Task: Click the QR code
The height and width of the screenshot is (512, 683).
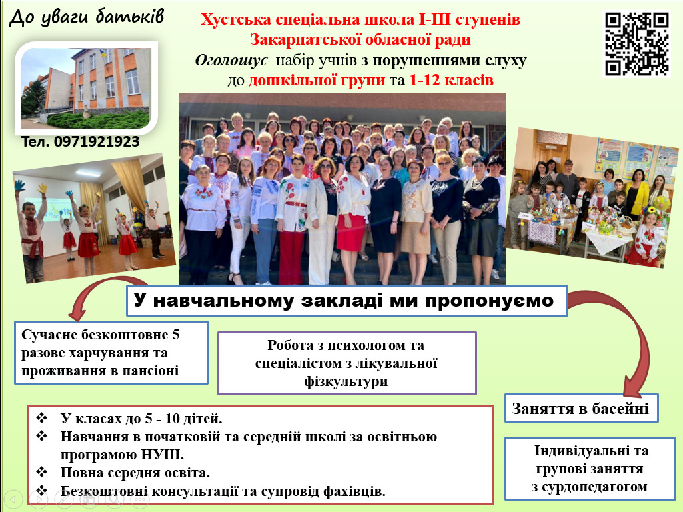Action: point(636,44)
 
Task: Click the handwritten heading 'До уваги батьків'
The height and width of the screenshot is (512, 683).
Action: point(87,17)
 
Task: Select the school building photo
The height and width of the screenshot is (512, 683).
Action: point(86,88)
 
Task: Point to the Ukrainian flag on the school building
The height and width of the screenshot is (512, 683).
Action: point(103,54)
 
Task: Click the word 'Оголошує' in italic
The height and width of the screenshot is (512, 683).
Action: point(231,60)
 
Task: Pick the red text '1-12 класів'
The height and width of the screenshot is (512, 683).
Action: point(451,80)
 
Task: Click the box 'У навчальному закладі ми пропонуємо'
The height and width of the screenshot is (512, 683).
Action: point(347,301)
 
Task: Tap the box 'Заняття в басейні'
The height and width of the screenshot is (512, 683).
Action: point(581,408)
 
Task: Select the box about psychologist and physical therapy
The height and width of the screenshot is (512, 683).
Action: point(346,363)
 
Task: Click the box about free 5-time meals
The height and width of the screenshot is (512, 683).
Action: point(111,353)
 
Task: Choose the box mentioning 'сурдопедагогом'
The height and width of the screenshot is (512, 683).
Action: point(590,469)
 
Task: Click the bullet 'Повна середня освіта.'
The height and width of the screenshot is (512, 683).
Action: point(135,473)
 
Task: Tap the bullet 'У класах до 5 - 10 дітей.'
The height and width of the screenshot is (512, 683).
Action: point(141,419)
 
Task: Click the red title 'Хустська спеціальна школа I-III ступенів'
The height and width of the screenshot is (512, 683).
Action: point(360,19)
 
